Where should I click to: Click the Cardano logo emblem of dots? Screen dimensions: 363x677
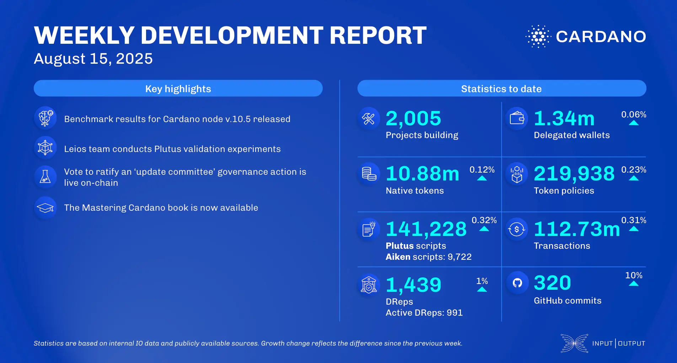[x=538, y=36]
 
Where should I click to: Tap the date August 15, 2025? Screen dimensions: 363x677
[x=93, y=59]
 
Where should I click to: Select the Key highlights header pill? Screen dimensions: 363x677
[x=178, y=89]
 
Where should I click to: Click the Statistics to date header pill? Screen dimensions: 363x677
[x=501, y=89]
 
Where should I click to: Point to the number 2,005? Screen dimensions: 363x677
[x=413, y=119]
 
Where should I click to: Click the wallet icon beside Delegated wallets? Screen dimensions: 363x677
[x=517, y=118]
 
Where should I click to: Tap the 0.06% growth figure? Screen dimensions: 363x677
[x=633, y=115]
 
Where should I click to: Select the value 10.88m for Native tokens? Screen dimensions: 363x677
[x=423, y=174]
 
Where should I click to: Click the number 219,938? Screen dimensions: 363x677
[x=574, y=174]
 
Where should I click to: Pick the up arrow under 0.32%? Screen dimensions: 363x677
[x=484, y=229]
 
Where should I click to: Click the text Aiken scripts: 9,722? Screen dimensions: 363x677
[x=429, y=257]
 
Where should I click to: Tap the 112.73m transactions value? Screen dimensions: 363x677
[x=576, y=229]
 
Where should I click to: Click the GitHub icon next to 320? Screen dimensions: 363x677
[x=517, y=283]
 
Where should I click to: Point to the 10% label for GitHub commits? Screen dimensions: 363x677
[x=633, y=275]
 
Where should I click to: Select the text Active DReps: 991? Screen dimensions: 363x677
[x=424, y=313]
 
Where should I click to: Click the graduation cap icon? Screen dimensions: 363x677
[x=45, y=208]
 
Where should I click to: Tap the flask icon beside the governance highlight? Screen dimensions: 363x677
[x=45, y=177]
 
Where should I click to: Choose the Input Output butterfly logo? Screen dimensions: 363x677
[x=574, y=343]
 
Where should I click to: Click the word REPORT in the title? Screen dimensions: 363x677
[x=378, y=36]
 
